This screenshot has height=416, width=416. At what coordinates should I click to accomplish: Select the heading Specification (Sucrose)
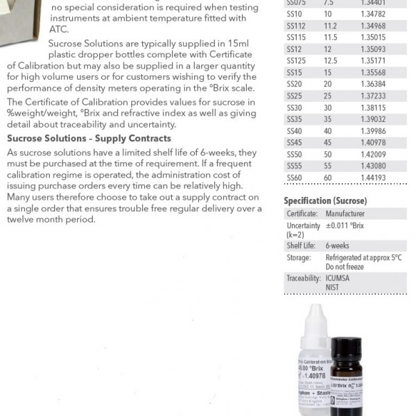coord(325,201)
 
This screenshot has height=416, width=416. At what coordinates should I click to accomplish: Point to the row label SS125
coord(296,60)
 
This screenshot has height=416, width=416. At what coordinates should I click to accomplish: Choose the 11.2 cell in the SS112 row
coord(330,24)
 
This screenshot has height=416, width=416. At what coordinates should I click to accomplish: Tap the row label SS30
coord(294,107)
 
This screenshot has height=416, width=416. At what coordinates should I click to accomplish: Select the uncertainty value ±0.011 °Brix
coord(345,226)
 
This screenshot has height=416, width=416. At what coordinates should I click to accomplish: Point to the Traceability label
coord(304,277)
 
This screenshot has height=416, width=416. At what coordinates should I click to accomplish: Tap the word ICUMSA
coord(338,277)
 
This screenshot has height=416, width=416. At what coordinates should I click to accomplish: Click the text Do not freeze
coord(345,266)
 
